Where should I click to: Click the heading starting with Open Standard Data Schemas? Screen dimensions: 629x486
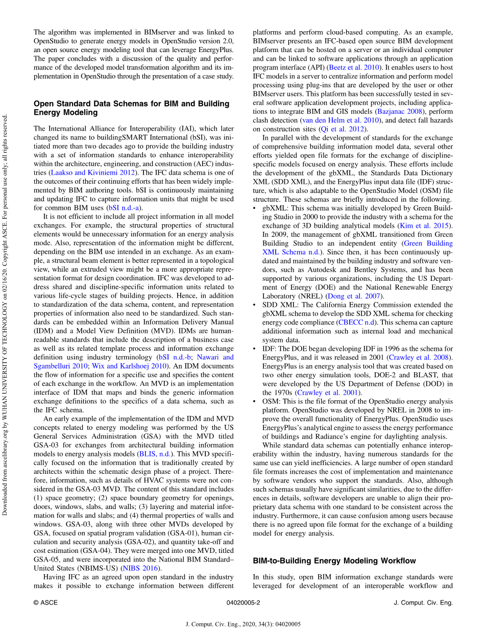[131, 108]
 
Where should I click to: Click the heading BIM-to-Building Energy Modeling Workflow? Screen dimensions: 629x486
[334, 561]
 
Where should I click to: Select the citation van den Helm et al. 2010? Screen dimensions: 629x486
[341, 120]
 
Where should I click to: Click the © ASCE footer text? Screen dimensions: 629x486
[45, 603]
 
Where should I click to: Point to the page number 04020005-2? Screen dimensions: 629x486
[243, 603]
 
